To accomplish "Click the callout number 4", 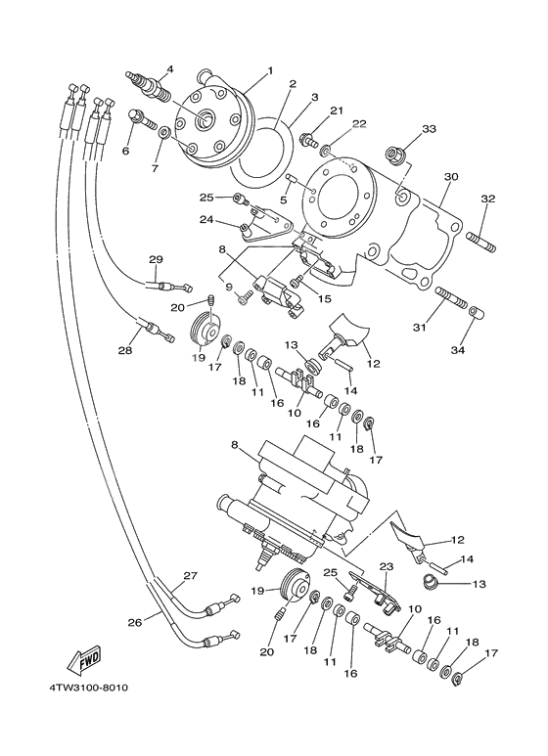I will pyautogui.click(x=169, y=68).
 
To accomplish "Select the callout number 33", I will pyautogui.click(x=401, y=129).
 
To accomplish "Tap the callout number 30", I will pyautogui.click(x=450, y=177).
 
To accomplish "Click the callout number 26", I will pyautogui.click(x=133, y=621).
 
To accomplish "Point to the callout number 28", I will pyautogui.click(x=125, y=350).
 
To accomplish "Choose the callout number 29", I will pyautogui.click(x=155, y=259).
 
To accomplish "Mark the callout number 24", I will pyautogui.click(x=206, y=220).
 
